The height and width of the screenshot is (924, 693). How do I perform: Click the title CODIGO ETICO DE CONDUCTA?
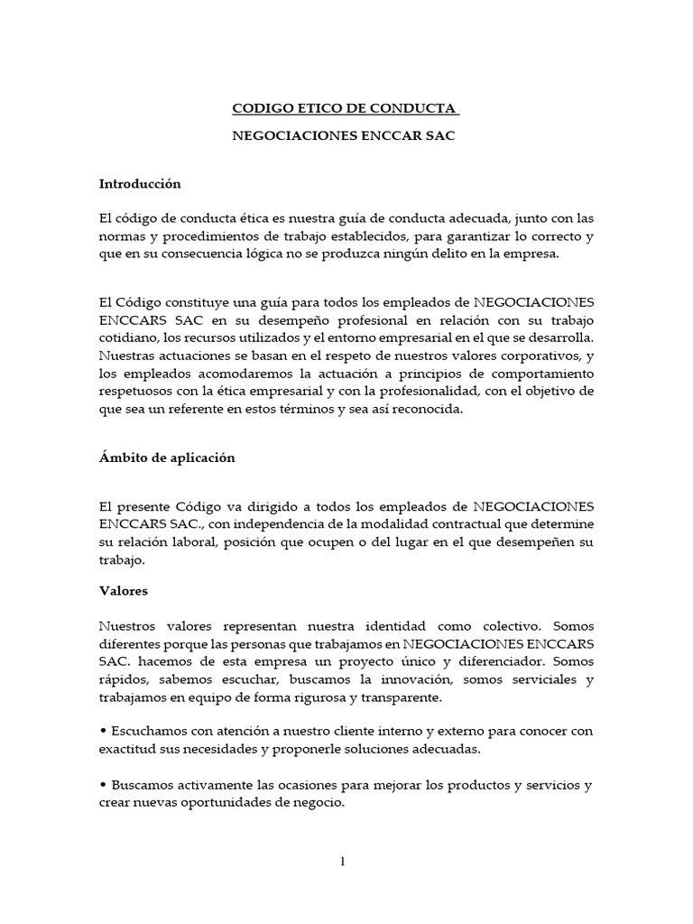[346, 109]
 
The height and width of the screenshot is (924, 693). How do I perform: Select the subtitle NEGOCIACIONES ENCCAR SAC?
[346, 141]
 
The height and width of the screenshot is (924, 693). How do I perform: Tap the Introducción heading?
[140, 184]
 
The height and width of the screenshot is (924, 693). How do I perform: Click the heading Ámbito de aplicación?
[167, 457]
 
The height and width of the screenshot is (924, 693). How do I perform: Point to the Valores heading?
[124, 592]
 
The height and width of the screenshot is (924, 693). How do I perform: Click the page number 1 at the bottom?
[343, 861]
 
